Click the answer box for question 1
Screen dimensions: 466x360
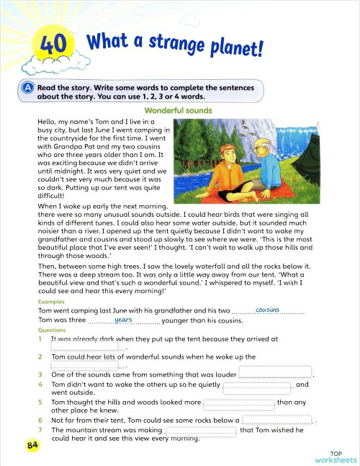coord(84,346)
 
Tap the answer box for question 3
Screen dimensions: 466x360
coord(274,372)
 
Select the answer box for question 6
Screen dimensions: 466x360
coord(277,420)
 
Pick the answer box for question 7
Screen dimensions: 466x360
coord(201,431)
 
